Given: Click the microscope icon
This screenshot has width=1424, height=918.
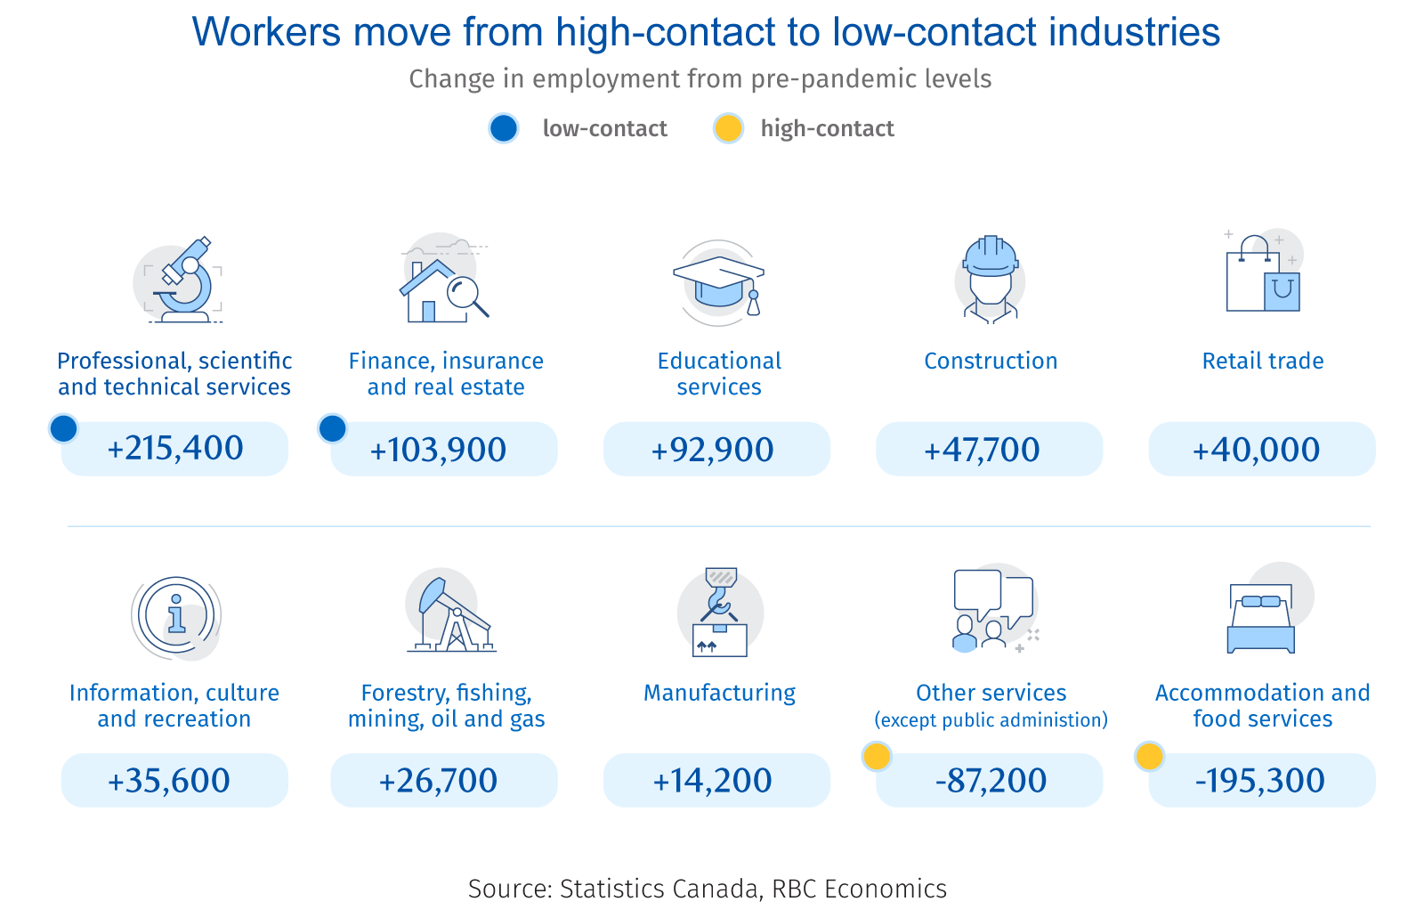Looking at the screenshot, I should pos(183,280).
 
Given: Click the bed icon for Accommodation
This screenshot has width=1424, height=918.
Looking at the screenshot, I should pos(1260,618).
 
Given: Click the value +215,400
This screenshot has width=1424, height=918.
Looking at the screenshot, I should pos(175,449).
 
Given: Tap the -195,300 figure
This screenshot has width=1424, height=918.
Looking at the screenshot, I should pos(1260,781).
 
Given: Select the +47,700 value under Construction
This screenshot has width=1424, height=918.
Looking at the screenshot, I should pos(982,450).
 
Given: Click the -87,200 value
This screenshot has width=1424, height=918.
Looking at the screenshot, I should pos(991,781).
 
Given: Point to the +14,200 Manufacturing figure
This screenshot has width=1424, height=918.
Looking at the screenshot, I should pos(712,781).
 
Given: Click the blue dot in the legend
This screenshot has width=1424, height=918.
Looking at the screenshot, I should pos(504,128).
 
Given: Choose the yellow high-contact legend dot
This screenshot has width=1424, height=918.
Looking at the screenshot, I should pos(728,128).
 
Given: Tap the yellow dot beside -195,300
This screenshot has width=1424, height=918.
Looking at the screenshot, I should pos(1149,757).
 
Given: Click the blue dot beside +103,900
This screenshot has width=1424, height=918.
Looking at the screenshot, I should pos(333,428).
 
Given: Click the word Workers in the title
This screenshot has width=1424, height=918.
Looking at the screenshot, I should pos(266,33).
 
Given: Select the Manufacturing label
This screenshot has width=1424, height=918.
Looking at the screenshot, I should pos(719,693).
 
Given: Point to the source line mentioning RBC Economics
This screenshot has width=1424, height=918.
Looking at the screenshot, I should pos(708,889).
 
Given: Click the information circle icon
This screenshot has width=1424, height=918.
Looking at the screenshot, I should pos(176,616).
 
